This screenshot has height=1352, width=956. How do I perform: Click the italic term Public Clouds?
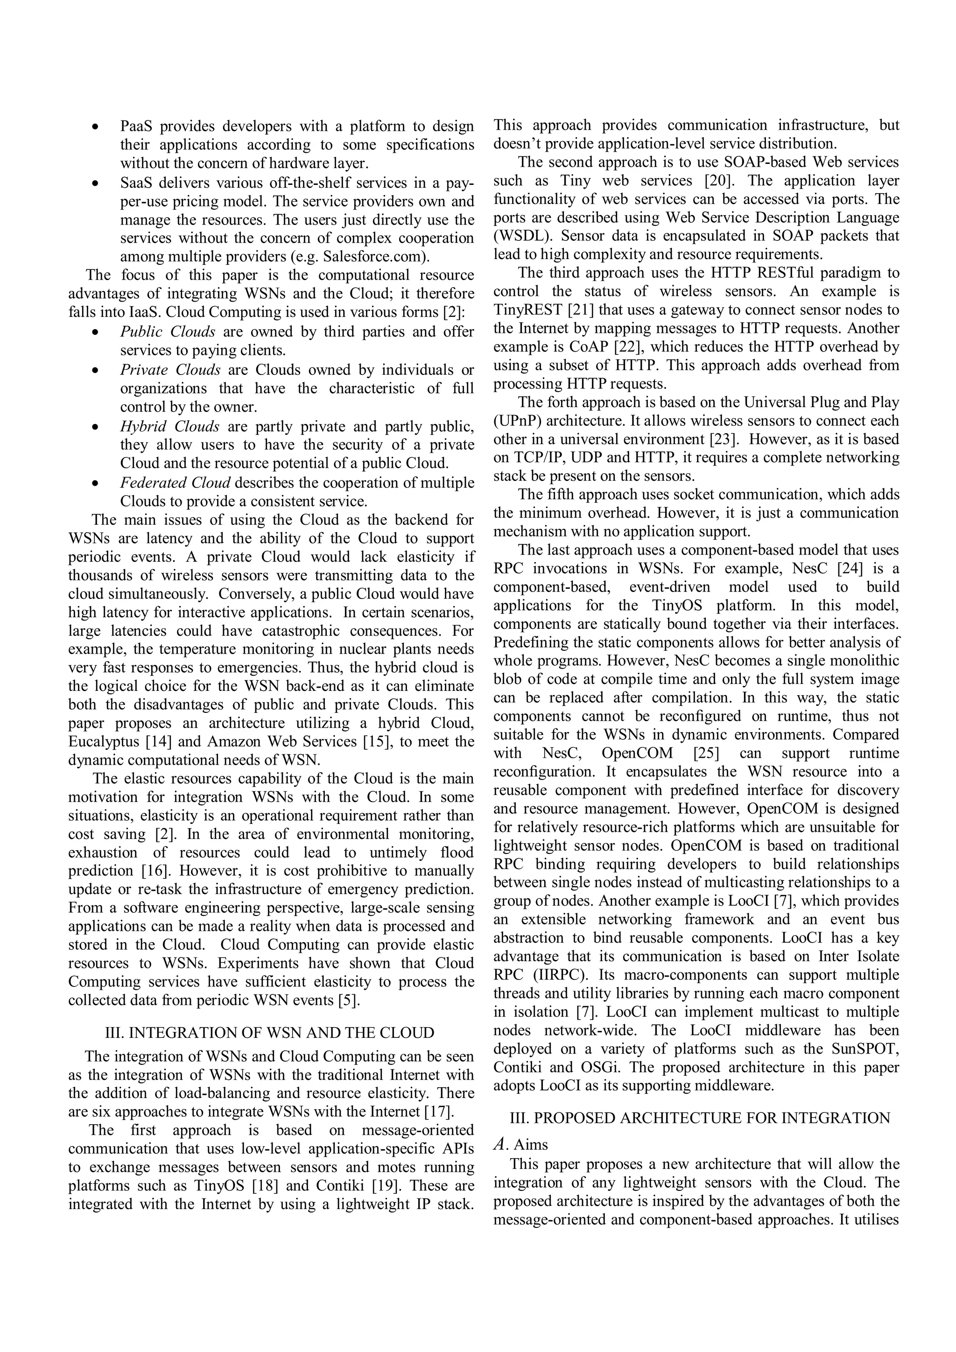168,331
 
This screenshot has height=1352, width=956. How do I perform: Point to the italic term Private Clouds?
170,370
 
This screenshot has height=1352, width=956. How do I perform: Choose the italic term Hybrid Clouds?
169,426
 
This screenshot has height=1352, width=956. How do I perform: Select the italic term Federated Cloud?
175,482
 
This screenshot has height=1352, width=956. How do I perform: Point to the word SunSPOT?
865,1049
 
